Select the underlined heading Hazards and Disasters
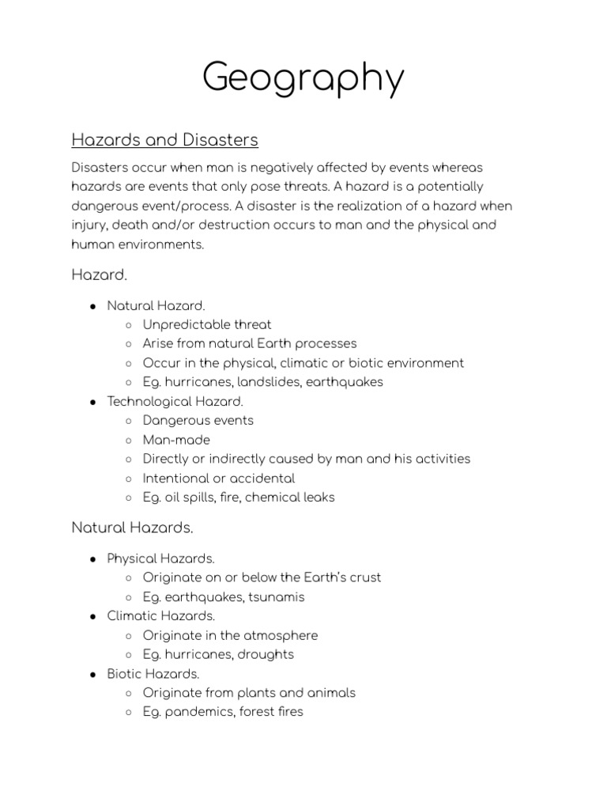164,140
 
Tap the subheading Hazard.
98,274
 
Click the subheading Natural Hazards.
132,526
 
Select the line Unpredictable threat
207,324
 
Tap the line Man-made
176,440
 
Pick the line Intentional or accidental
219,479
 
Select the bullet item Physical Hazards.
160,558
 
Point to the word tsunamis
277,597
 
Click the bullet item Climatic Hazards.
160,615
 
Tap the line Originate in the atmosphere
230,635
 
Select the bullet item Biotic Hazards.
153,674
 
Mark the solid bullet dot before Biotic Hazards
92,674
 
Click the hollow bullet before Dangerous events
129,421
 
